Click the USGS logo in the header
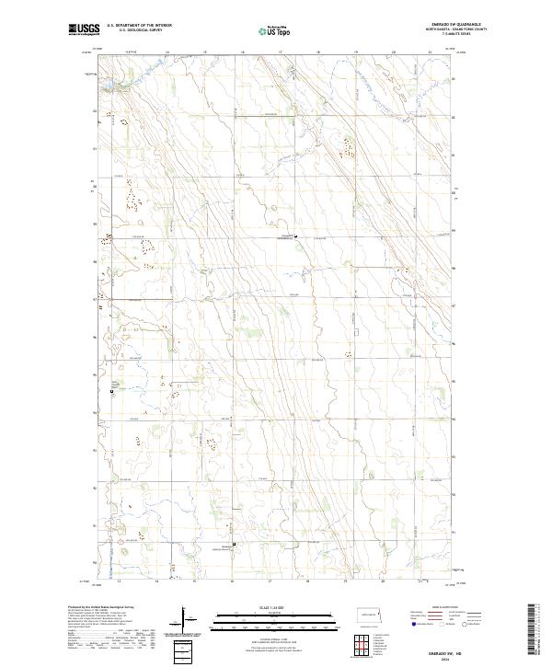pos(83,30)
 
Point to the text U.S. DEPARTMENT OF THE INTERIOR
pos(139,26)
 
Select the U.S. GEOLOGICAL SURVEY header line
pos(139,31)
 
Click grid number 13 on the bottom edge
pos(119,581)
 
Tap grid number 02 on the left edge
pos(93,112)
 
